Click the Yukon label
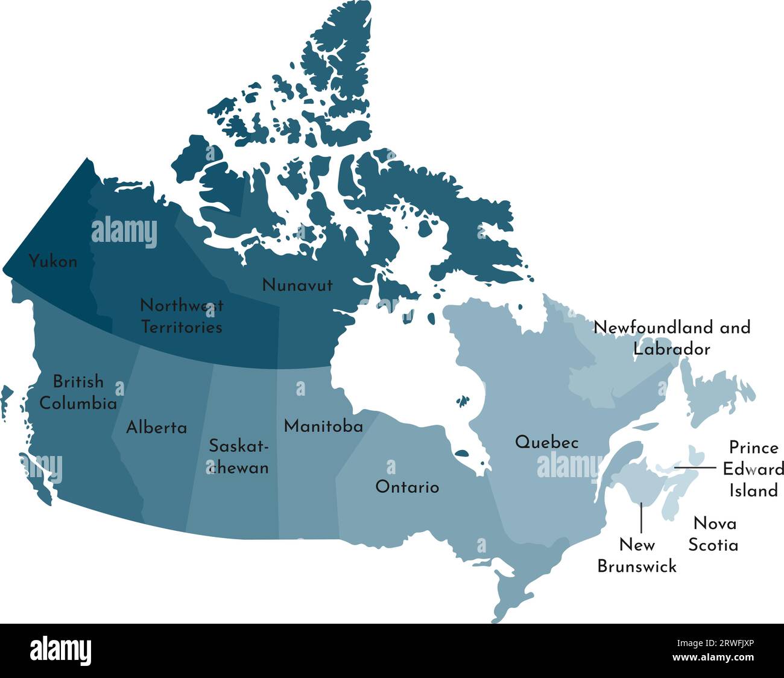click(53, 262)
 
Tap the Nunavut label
click(297, 285)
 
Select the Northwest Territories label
click(182, 316)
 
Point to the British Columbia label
click(78, 392)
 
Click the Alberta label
click(156, 428)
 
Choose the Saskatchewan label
click(239, 457)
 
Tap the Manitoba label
click(323, 426)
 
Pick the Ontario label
click(407, 487)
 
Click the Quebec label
click(546, 442)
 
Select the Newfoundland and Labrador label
click(672, 338)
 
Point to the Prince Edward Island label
click(753, 469)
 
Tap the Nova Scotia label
click(713, 534)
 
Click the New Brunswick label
click(637, 556)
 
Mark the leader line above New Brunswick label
click(641, 518)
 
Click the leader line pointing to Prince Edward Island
click(695, 467)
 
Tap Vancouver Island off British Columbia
click(36, 477)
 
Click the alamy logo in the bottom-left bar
click(60, 651)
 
